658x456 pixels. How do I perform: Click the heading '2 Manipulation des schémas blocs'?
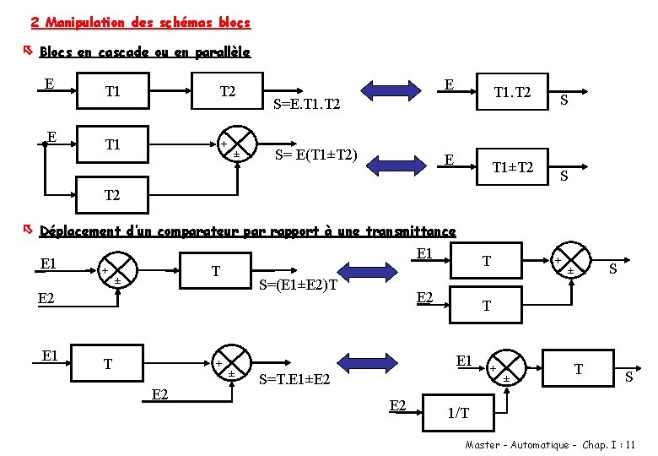pos(139,22)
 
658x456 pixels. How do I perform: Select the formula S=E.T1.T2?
pos(308,106)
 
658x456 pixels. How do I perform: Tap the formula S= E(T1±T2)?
pos(317,155)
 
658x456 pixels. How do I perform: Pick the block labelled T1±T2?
pos(513,167)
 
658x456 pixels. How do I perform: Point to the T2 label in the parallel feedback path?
pos(112,195)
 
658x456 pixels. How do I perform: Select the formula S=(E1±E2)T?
pos(298,285)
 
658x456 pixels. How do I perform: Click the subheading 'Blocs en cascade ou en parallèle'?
pos(144,52)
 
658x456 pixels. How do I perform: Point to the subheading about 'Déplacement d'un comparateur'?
pos(247,231)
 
